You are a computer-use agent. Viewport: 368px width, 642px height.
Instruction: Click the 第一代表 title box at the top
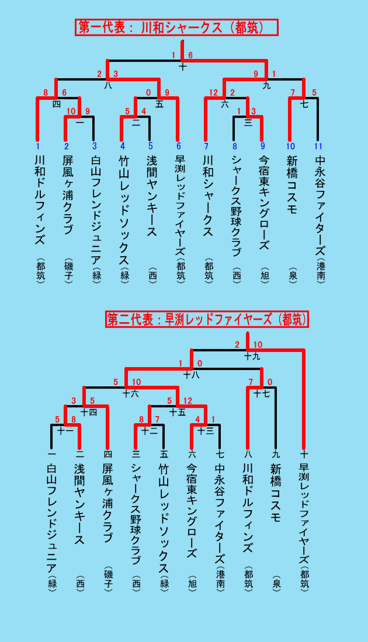[176, 27]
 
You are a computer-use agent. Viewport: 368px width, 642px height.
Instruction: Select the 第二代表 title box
[207, 319]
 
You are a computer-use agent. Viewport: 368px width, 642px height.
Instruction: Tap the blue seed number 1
[38, 146]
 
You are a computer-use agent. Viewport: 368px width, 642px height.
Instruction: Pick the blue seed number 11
[318, 146]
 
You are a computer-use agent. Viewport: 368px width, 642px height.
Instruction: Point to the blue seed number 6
[178, 146]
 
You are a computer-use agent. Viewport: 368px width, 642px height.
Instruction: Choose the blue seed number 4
[122, 146]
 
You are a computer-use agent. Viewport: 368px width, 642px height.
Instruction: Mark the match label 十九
[252, 357]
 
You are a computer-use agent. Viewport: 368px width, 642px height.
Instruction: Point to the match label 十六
[131, 394]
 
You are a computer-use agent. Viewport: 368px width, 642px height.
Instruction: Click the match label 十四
[89, 412]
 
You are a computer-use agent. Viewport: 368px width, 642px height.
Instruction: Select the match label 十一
[65, 431]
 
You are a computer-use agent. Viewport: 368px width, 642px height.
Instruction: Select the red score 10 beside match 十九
[258, 344]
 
